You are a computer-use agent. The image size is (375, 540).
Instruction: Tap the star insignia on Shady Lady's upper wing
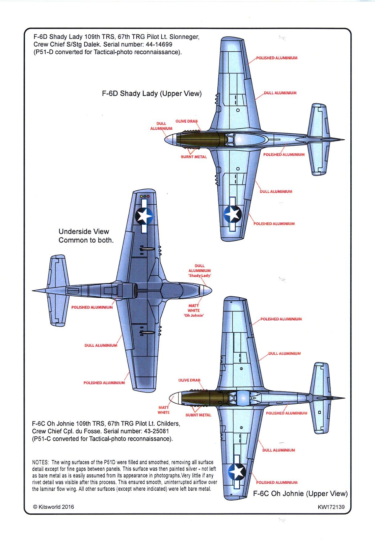pyautogui.click(x=233, y=214)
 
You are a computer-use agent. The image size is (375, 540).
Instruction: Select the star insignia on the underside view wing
pyautogui.click(x=144, y=216)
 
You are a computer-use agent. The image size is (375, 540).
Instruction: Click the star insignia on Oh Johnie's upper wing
pyautogui.click(x=237, y=471)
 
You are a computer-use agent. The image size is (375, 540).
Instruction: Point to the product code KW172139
pyautogui.click(x=331, y=507)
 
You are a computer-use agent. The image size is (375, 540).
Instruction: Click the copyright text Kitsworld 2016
pyautogui.click(x=54, y=507)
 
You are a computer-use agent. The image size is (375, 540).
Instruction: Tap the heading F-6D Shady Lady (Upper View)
pyautogui.click(x=152, y=93)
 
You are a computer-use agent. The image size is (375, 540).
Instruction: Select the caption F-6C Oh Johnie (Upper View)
pyautogui.click(x=300, y=493)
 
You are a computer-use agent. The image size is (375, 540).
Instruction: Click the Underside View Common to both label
pyautogui.click(x=86, y=236)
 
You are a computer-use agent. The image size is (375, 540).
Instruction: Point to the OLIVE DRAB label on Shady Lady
pyautogui.click(x=186, y=121)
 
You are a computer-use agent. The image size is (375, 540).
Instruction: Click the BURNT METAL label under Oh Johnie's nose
pyautogui.click(x=198, y=415)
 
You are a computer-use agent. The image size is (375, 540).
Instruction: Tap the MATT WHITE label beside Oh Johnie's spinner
pyautogui.click(x=164, y=410)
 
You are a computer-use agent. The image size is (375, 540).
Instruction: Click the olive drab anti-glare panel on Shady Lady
pyautogui.click(x=199, y=139)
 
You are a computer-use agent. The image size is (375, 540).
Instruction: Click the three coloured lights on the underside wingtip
pyautogui.click(x=144, y=196)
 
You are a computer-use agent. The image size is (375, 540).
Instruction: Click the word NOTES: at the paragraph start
pyautogui.click(x=40, y=462)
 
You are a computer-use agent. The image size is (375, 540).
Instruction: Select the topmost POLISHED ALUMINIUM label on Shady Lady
pyautogui.click(x=276, y=58)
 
